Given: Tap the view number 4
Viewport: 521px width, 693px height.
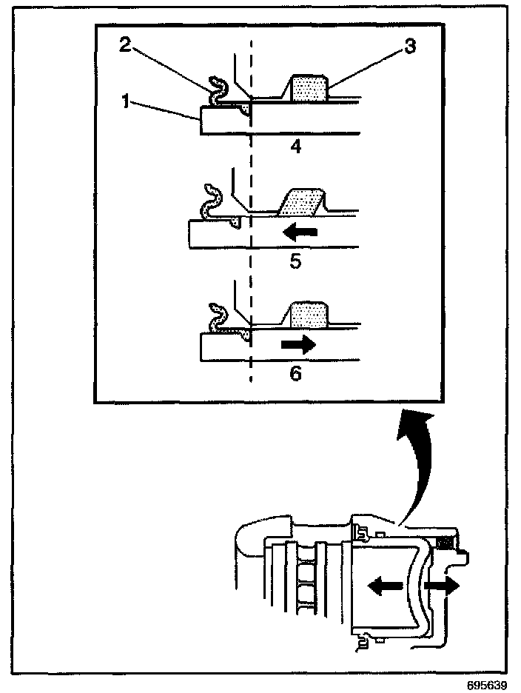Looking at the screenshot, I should point(295,146).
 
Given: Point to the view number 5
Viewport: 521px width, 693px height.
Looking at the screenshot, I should point(295,261).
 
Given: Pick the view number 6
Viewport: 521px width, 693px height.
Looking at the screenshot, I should point(295,373).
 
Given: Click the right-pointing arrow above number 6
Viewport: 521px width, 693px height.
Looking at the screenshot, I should point(298,344).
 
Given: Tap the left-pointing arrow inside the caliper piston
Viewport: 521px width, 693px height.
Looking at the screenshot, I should point(386,586).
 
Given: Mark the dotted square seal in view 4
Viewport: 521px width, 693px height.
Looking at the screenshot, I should point(311,89).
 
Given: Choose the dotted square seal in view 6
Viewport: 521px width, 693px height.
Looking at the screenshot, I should point(311,315).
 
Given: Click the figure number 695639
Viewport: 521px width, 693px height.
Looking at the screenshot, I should point(488,683).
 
